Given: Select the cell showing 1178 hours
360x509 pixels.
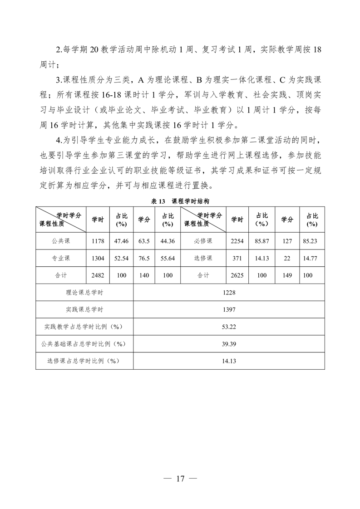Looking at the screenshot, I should coord(98,241).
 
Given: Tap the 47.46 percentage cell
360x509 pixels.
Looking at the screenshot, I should coord(121,241).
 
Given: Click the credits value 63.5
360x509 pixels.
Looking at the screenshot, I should coord(144,241).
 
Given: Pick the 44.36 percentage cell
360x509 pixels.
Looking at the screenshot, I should coord(168,241).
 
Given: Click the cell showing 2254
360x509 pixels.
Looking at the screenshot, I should coord(237,241).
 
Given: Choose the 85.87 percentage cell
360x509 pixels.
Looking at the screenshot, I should coord(262,241).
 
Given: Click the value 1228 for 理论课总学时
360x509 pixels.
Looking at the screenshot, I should coord(229,293).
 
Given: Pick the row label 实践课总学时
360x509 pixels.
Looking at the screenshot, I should coord(84,309).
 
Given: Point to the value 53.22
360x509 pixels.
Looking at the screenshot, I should coord(229,327).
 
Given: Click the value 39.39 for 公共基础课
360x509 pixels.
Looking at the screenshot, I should coord(229,344).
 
